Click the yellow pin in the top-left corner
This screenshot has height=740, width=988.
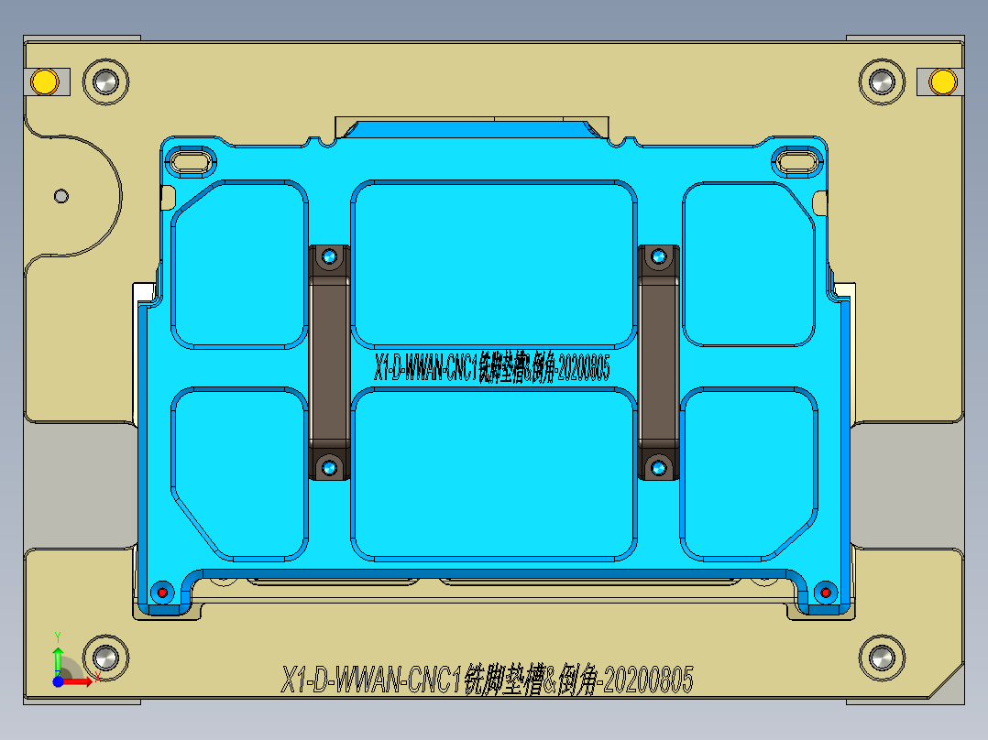[x=43, y=82]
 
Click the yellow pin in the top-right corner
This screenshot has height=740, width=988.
[x=941, y=82]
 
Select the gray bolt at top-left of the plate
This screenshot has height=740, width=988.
[x=104, y=82]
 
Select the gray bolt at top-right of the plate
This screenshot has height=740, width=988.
[x=882, y=82]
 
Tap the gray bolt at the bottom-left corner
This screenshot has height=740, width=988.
[x=104, y=657]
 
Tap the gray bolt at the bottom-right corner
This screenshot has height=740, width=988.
[x=882, y=657]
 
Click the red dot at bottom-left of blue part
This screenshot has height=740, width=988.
[x=164, y=592]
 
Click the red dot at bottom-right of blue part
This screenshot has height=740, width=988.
[x=825, y=592]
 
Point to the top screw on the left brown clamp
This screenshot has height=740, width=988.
[x=329, y=258]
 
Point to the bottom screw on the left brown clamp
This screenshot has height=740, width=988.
[x=329, y=468]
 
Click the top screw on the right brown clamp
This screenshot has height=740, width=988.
[x=658, y=258]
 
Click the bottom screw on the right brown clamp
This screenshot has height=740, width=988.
[x=658, y=468]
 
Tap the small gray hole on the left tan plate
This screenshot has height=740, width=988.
[x=61, y=195]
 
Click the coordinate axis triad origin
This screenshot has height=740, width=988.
[x=58, y=680]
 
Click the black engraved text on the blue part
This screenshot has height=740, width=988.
[x=492, y=367]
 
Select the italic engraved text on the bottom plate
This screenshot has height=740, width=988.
[x=488, y=680]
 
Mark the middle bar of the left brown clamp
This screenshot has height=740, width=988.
[x=329, y=363]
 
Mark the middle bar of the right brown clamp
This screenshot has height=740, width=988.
[x=658, y=363]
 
